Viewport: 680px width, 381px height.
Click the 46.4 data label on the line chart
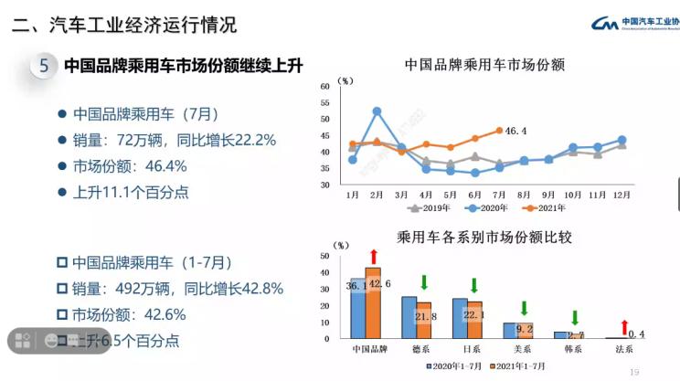[516, 132]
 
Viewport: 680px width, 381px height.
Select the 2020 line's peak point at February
[377, 111]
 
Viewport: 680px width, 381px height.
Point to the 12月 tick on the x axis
[622, 195]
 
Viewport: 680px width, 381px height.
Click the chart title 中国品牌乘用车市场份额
[484, 66]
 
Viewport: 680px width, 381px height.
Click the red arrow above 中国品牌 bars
[372, 256]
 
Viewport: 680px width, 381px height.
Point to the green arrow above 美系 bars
[525, 309]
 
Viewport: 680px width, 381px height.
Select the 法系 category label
[624, 348]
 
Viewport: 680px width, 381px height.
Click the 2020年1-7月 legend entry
[462, 365]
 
